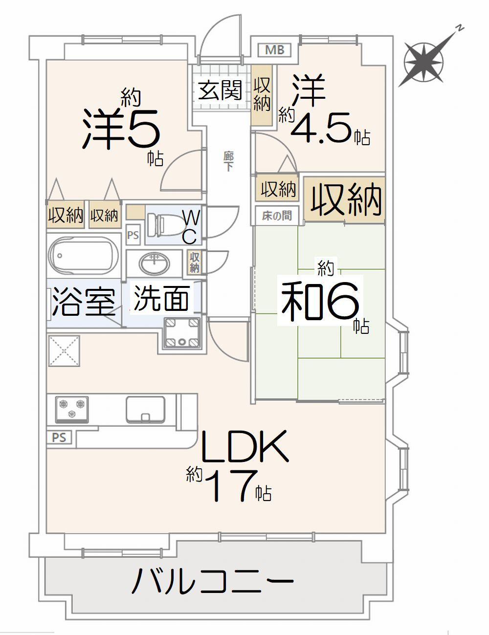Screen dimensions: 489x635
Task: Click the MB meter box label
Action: click(x=274, y=50)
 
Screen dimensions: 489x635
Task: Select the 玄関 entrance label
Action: click(x=220, y=90)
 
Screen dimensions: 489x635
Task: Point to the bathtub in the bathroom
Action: click(x=84, y=255)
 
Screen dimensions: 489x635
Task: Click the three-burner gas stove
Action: click(x=72, y=410)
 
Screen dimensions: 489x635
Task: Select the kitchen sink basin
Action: click(x=145, y=410)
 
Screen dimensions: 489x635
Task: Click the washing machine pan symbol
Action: click(x=182, y=333)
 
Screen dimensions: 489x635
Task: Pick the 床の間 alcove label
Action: click(x=276, y=216)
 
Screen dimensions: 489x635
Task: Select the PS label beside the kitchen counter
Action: click(x=59, y=438)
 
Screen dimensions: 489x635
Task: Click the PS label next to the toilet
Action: click(x=133, y=235)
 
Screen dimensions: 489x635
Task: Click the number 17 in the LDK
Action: click(x=230, y=486)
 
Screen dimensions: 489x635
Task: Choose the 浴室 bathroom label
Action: click(x=83, y=302)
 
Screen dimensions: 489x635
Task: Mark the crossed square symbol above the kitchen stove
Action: click(x=65, y=350)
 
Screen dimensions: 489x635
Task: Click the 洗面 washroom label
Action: click(x=161, y=298)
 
